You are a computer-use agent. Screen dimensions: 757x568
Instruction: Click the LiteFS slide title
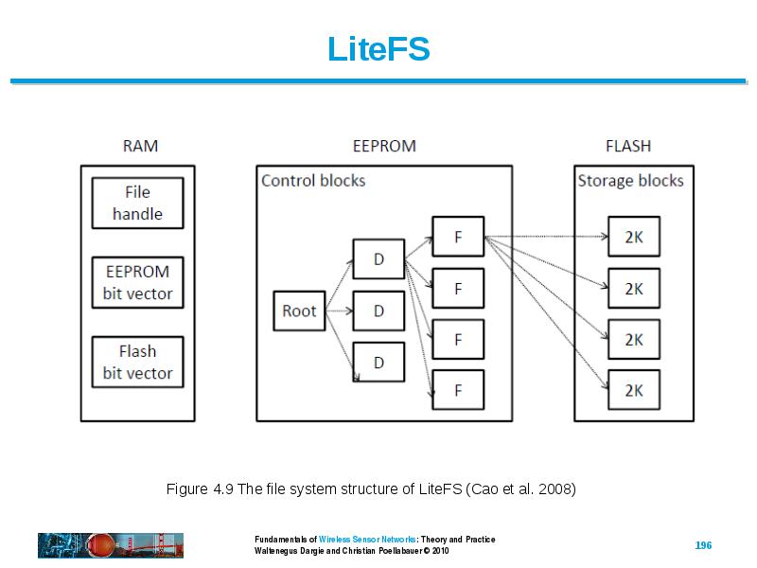378,49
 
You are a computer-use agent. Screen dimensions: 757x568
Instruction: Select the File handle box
137,203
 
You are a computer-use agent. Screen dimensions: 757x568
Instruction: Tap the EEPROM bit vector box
137,282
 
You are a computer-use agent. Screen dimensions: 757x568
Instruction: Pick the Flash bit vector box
137,363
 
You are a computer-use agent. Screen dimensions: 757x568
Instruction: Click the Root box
299,311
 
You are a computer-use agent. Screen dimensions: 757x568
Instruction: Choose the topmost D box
378,259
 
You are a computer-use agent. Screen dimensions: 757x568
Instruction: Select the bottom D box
378,363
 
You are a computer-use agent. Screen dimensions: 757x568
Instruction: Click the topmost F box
458,237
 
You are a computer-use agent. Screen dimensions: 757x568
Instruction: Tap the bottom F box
458,390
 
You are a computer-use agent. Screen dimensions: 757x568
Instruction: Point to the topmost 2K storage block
634,237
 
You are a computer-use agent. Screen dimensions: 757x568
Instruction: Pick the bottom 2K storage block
634,390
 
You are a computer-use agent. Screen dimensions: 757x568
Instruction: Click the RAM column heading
140,146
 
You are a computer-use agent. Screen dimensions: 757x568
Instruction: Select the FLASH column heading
628,146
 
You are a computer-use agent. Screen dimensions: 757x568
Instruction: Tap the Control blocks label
313,181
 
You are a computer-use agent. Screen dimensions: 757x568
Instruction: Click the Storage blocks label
630,181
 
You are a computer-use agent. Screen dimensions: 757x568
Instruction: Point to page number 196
703,545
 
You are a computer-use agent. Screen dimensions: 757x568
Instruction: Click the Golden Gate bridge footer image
111,545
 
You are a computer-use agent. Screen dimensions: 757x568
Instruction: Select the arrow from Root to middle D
340,311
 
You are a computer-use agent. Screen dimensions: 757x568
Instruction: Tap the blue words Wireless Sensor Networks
367,540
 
